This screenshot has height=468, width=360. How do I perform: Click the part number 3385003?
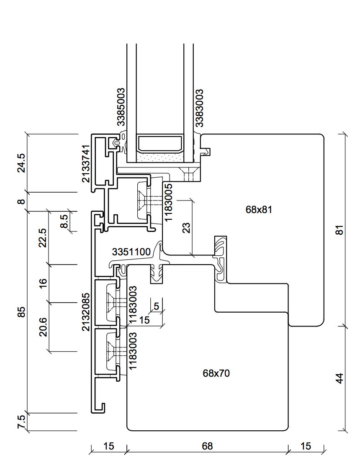pos(121,107)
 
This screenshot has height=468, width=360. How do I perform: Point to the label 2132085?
pos(86,312)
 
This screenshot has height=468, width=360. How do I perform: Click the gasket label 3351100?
pos(131,252)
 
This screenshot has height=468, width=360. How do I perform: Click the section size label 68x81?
pos(259,209)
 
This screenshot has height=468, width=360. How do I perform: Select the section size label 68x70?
pos(216,373)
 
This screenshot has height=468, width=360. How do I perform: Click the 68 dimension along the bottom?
pos(207,446)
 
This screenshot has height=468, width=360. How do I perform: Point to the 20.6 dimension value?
pos(43,327)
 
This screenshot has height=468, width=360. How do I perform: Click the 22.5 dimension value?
pos(43,238)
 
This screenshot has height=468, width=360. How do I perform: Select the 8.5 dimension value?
pos(64,221)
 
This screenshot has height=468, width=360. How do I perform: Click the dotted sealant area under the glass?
pos(160,157)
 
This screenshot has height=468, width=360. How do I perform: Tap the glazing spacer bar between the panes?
pos(160,143)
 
